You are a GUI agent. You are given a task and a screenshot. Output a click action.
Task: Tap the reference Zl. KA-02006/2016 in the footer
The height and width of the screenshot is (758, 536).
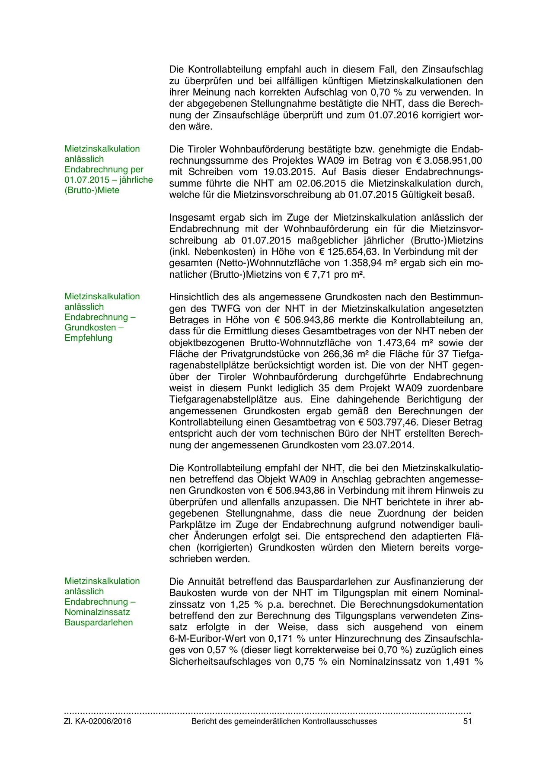coord(98,721)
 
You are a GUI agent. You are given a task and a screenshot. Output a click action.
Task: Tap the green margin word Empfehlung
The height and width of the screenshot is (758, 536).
coord(88,338)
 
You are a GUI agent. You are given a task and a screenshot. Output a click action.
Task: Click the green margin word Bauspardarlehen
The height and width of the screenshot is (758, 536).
coord(99,622)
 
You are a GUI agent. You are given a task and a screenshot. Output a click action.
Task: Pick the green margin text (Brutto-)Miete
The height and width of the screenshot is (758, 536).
coord(92,190)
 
